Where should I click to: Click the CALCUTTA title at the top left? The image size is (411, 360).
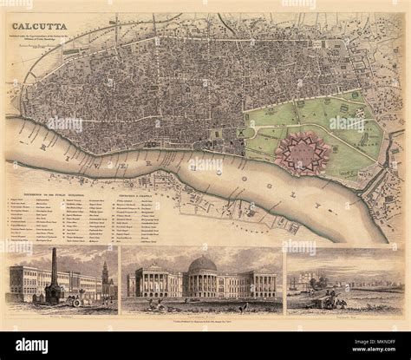[x=41, y=25]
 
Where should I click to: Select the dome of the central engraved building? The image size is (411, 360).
[x=202, y=266]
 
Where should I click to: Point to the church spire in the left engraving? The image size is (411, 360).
[x=103, y=275]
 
